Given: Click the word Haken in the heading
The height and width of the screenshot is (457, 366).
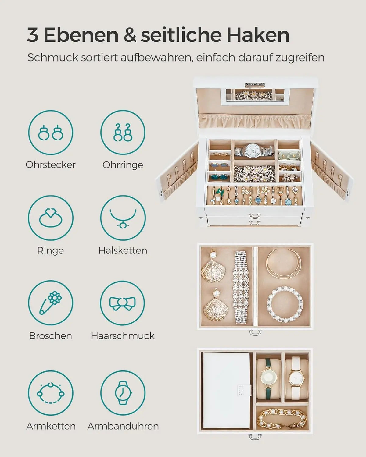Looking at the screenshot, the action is tap(258, 35).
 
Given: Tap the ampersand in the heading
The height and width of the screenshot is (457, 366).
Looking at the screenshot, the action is tap(130, 35).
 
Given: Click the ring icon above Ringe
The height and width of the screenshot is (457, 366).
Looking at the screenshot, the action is tap(51, 218).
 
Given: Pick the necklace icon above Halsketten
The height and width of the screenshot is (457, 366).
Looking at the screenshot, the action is tap(123, 218).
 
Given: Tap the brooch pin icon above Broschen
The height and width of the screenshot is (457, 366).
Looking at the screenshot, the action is tap(51, 303).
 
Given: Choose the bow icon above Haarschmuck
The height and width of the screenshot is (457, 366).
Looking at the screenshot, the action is tap(123, 303).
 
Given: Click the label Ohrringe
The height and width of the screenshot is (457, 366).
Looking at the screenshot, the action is tap(123, 165).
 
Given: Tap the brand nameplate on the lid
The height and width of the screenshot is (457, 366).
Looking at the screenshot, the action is tap(255, 84).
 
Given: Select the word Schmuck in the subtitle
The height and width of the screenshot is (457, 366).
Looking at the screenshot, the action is tap(53, 58).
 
